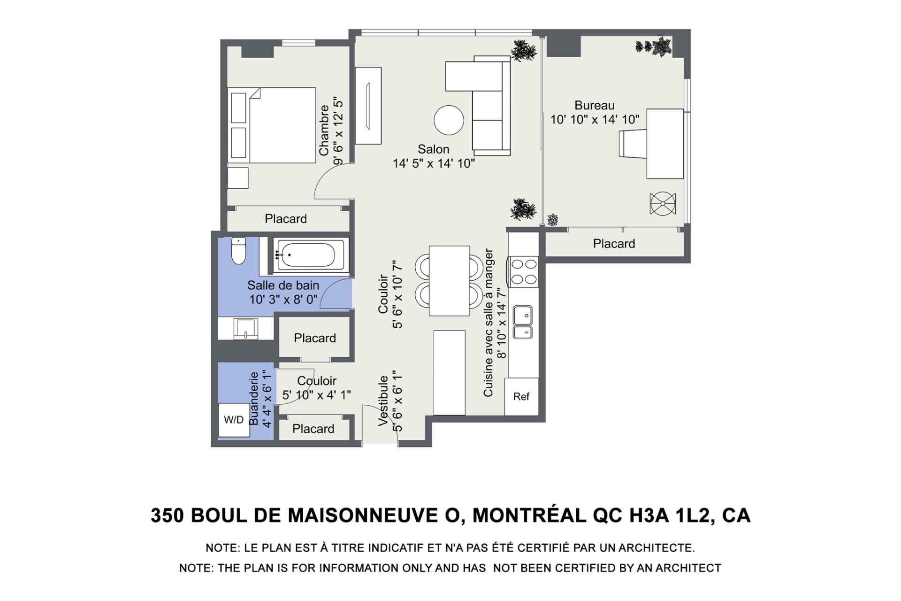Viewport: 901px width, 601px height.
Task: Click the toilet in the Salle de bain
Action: [x=238, y=250]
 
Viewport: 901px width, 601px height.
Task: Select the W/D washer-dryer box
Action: [x=234, y=420]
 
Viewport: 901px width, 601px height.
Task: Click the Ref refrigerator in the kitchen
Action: [x=521, y=397]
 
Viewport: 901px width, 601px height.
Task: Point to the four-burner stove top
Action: [x=524, y=272]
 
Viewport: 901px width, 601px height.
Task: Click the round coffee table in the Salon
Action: [x=449, y=120]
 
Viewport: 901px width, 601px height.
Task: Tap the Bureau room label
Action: [x=595, y=105]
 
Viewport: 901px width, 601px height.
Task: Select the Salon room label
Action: [x=434, y=149]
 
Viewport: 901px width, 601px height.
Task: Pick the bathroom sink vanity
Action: [x=245, y=329]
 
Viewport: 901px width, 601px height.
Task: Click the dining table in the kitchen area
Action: [x=449, y=281]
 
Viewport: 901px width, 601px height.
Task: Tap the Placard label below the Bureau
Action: [x=614, y=244]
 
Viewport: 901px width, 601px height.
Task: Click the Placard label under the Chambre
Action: [x=286, y=219]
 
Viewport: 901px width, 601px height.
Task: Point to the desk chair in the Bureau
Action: [x=633, y=144]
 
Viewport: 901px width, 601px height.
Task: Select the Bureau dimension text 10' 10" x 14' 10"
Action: [x=595, y=120]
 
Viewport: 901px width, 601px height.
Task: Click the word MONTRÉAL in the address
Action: [x=529, y=515]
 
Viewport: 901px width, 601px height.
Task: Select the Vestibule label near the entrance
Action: [x=383, y=401]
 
